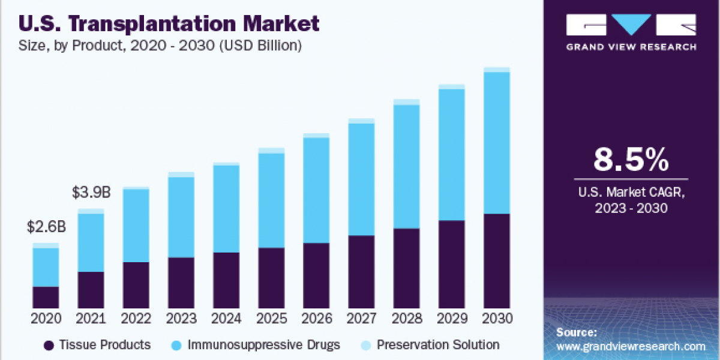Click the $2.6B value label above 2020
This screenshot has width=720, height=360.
[x=46, y=228]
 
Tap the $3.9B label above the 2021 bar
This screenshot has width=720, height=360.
[x=91, y=193]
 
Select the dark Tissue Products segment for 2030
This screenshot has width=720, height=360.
[x=496, y=260]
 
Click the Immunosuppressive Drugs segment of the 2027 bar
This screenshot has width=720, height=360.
[x=361, y=179]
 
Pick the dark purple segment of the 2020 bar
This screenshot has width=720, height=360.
[x=46, y=297]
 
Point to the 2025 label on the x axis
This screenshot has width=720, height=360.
[x=271, y=319]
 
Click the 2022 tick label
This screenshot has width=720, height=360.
[x=136, y=319]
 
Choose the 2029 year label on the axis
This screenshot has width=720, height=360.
[x=451, y=319]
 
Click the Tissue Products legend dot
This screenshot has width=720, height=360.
[x=49, y=345]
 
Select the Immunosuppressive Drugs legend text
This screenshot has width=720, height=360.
[x=263, y=345]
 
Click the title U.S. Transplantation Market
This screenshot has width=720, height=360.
[x=170, y=24]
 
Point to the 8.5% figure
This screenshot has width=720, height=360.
[x=631, y=160]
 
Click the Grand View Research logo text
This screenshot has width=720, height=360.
[x=631, y=47]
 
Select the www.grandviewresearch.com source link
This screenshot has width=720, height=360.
[x=631, y=346]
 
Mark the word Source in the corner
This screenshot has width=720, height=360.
[x=576, y=332]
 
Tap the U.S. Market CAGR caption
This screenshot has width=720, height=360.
[x=631, y=200]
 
